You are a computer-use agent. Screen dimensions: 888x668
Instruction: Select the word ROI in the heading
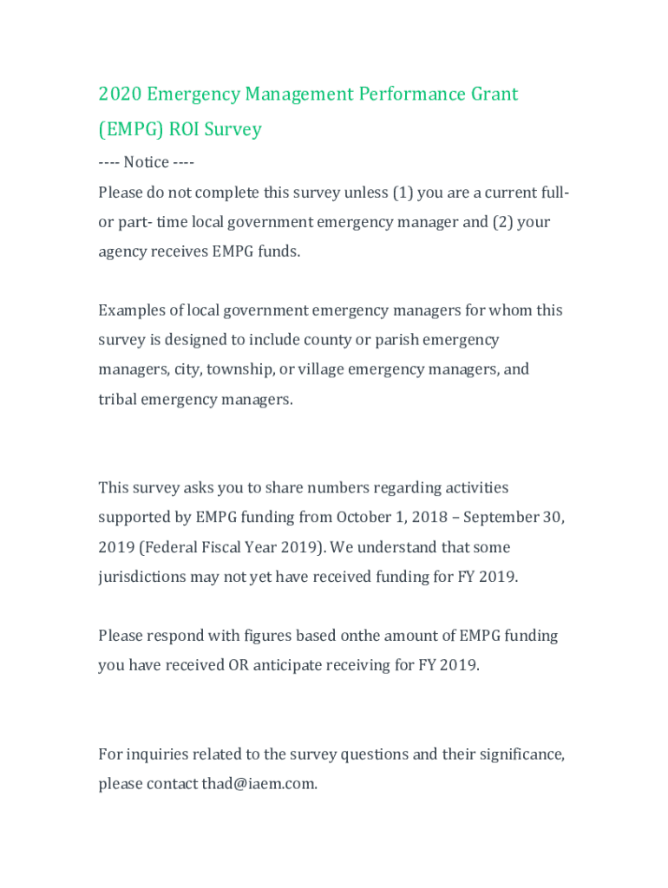coord(185,129)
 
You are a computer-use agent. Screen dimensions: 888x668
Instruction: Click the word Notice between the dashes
coord(146,162)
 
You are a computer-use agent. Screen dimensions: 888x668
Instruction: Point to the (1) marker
coord(403,193)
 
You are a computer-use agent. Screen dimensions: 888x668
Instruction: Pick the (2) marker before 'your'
coord(503,222)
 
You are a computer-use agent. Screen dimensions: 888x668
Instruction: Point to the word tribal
coord(117,400)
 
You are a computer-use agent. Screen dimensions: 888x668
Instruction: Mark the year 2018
coord(430,518)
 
